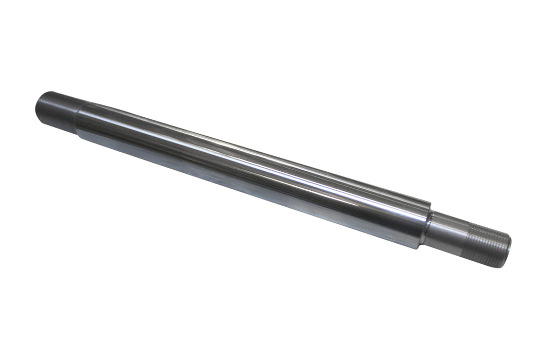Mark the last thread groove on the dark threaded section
click(x=72, y=116)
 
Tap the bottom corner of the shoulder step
click(x=421, y=247)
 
